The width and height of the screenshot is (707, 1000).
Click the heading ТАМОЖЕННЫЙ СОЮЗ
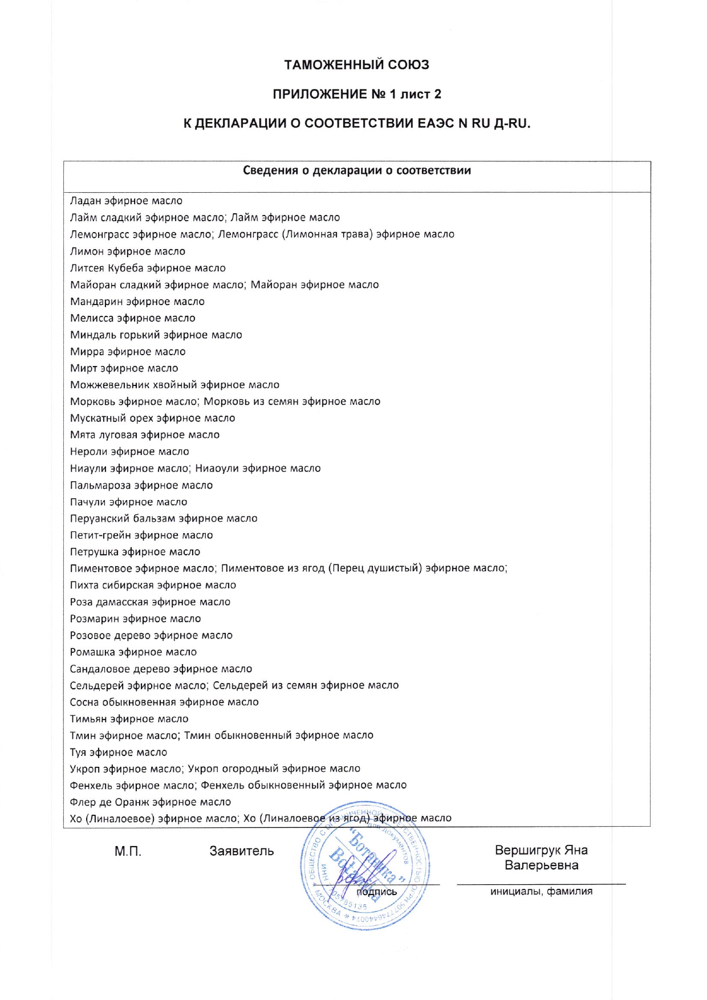(356, 65)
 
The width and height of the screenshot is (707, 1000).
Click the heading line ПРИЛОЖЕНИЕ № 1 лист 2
(356, 94)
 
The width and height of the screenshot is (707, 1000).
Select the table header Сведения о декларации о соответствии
(357, 170)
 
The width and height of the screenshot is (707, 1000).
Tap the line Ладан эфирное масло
(126, 201)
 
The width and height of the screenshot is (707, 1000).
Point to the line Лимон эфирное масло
(128, 251)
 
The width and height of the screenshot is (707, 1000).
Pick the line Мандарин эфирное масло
(137, 302)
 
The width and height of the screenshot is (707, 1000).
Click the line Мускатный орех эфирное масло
(152, 418)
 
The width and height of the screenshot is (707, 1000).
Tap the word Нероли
(88, 452)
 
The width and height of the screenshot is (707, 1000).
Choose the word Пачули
(87, 502)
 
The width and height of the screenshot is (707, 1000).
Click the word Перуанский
(100, 518)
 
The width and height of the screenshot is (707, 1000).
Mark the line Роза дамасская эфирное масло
(150, 602)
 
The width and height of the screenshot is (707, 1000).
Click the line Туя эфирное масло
(119, 753)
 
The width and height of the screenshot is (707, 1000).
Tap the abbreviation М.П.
(128, 852)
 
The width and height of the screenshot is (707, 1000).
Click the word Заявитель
(242, 851)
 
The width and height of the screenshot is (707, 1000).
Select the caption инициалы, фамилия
(541, 892)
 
